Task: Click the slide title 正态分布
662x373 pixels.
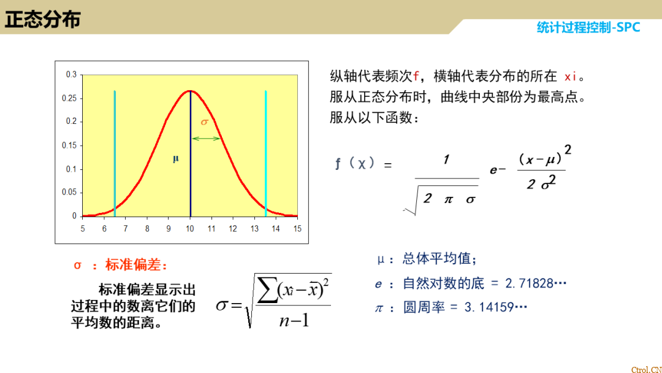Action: pos(43,20)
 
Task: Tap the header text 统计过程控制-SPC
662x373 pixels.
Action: pos(588,27)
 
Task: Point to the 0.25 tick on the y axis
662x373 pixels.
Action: pos(72,98)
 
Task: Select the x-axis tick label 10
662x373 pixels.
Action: pos(190,229)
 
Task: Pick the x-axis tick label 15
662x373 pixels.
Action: pos(297,229)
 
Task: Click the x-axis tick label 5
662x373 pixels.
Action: pos(83,229)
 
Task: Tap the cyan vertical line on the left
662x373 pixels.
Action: pos(115,153)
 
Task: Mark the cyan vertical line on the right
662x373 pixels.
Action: pos(265,153)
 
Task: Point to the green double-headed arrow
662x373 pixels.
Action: pos(206,139)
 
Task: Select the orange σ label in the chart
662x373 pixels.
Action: pos(205,122)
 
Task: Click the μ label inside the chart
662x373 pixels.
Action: pos(176,159)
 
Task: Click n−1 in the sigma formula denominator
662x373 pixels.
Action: pos(294,320)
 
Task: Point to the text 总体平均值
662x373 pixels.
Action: pos(439,259)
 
